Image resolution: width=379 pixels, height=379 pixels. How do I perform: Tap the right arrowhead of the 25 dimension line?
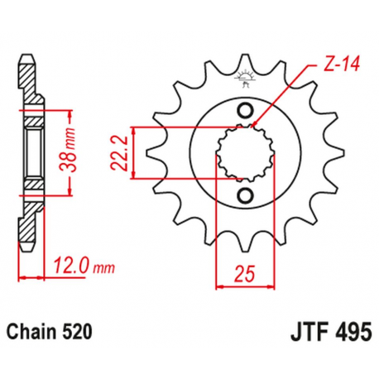[x=271, y=287]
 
